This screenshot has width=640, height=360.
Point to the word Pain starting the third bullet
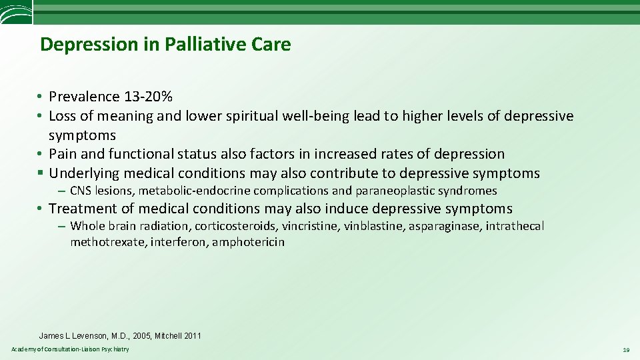(x=63, y=154)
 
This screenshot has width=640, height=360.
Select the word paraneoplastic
(x=392, y=191)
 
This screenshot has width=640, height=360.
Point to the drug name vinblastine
(x=374, y=226)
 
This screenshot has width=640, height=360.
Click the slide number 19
(x=626, y=350)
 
